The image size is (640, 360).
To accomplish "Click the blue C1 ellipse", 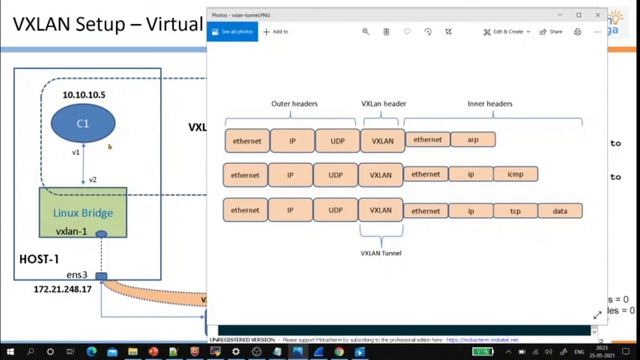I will point(83,123).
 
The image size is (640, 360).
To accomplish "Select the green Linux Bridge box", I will point(83,213).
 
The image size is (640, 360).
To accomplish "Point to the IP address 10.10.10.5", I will point(84,93).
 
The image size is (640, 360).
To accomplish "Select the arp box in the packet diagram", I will point(472,140).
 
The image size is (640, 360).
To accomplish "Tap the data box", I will point(559,211).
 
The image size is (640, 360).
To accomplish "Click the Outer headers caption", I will point(294,103).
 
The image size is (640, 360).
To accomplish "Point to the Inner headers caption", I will point(490,103).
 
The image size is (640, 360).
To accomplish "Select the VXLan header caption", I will point(383,103).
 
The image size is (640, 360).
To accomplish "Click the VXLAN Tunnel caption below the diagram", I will point(381,253).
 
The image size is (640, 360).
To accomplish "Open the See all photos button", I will point(232,32).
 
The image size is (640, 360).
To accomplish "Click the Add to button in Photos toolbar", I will point(275,32).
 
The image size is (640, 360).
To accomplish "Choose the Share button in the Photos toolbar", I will point(552,32).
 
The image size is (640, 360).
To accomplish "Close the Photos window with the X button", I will point(597,15).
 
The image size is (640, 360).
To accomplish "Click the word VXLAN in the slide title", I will point(46,24).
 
